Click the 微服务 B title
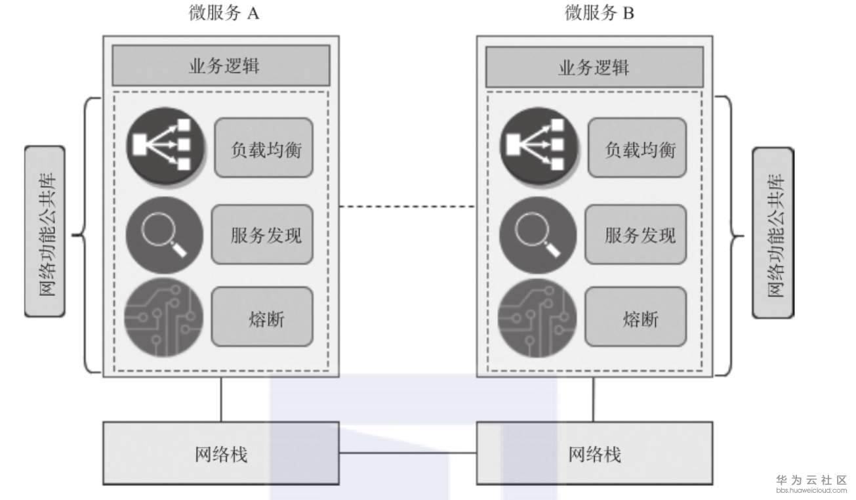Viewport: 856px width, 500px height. coord(599,13)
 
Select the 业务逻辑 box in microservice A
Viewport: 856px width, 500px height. coord(221,66)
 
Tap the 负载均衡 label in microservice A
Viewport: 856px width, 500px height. coord(263,148)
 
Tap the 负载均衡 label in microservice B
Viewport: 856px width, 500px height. coord(637,148)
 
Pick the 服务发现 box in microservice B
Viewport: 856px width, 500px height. coord(636,235)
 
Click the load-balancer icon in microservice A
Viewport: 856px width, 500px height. coord(165,146)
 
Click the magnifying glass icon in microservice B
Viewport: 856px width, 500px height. coord(538,235)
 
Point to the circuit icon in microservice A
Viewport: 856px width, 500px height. coord(164,318)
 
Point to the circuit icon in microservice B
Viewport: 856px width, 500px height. coord(538,318)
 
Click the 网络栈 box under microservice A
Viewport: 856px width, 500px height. coord(221,453)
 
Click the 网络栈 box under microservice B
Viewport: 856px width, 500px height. coord(594,453)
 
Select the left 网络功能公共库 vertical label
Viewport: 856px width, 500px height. coord(45,232)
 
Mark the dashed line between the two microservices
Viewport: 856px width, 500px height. coord(407,207)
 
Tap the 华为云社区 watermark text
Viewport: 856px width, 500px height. coord(811,480)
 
